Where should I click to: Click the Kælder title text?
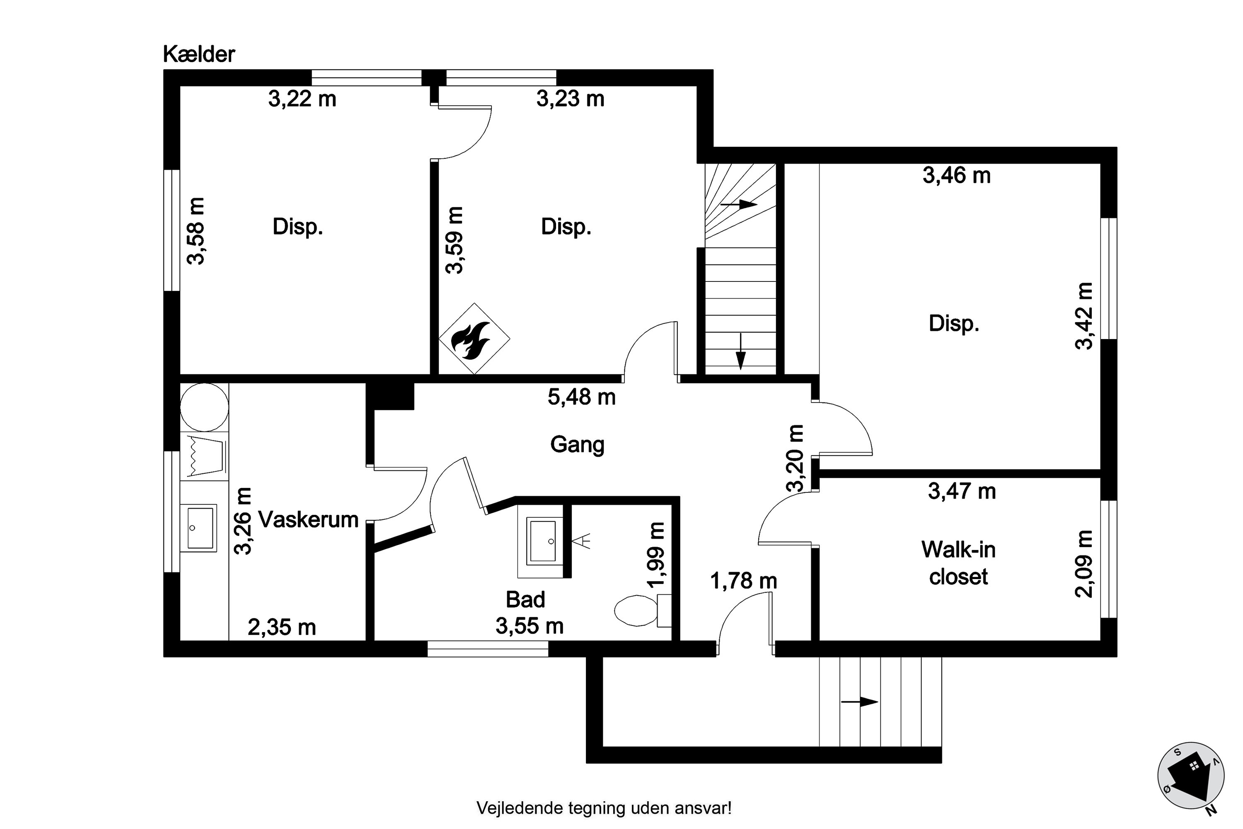pyautogui.click(x=199, y=54)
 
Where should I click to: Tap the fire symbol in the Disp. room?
pyautogui.click(x=474, y=338)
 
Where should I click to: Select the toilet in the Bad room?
pyautogui.click(x=643, y=611)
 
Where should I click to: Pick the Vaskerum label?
pyautogui.click(x=308, y=520)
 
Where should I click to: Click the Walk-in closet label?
pyautogui.click(x=958, y=562)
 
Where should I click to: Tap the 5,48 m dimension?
pyautogui.click(x=581, y=397)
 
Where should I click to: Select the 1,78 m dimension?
pyautogui.click(x=744, y=582)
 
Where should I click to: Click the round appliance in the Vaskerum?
pyautogui.click(x=205, y=407)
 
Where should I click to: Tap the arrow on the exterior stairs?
pyautogui.click(x=859, y=702)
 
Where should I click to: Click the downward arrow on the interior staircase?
pyautogui.click(x=740, y=351)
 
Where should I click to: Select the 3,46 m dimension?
pyautogui.click(x=957, y=175)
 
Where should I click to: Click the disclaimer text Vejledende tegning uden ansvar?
pyautogui.click(x=604, y=808)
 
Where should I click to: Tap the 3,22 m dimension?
pyautogui.click(x=302, y=99)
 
